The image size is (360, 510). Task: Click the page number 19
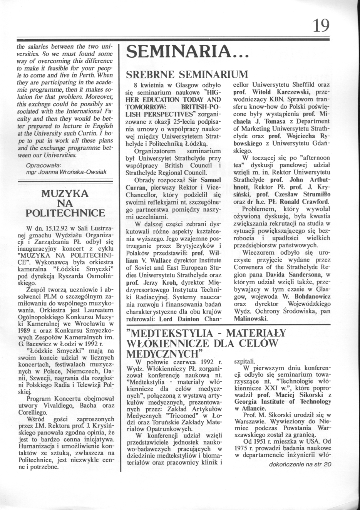tap(321, 26)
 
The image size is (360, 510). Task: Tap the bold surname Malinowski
tap(250, 319)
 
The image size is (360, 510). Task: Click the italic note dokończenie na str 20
tap(300, 465)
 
